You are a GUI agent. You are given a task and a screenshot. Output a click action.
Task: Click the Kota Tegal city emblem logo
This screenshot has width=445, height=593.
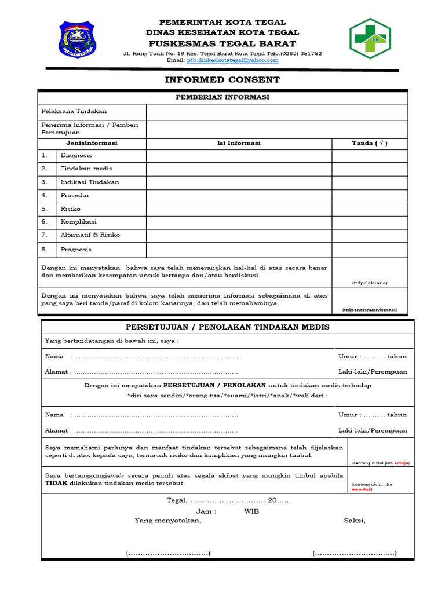click(x=78, y=40)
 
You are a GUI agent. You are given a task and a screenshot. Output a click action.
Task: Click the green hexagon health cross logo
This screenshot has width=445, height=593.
click(x=374, y=39)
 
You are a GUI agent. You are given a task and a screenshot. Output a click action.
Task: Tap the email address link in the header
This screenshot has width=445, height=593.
click(x=232, y=60)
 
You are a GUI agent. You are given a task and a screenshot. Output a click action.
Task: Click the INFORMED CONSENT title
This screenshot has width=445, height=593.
click(x=222, y=80)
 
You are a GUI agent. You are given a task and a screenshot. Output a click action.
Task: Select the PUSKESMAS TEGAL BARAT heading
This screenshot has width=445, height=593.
click(x=222, y=44)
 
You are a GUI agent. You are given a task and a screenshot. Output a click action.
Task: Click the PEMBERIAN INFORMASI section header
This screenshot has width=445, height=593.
click(x=222, y=97)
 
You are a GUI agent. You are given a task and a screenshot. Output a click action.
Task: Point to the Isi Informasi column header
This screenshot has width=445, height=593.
click(x=239, y=143)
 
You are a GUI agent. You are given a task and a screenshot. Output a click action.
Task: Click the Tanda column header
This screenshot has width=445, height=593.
click(x=370, y=143)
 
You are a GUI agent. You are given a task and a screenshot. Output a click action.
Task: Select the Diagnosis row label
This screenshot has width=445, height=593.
click(x=76, y=156)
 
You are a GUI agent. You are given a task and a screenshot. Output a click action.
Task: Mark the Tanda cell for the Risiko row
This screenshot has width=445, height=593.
click(x=370, y=209)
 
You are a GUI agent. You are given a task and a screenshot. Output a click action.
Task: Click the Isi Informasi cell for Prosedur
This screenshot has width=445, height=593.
click(x=239, y=196)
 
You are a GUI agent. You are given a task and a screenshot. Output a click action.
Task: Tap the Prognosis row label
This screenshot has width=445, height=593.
click(x=76, y=250)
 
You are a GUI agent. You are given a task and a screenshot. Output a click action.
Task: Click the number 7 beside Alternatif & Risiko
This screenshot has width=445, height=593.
click(x=44, y=235)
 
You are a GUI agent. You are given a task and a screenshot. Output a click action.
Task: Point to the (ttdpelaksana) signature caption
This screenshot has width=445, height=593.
click(x=370, y=283)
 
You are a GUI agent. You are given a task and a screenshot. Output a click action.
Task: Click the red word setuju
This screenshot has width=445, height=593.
click(x=402, y=463)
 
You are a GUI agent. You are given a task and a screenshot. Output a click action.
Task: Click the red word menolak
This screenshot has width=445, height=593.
click(x=362, y=489)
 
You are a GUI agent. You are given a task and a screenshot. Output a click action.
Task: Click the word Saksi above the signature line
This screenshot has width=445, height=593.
click(x=355, y=520)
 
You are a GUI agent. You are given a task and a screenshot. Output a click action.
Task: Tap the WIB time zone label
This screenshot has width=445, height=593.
click(x=251, y=511)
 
